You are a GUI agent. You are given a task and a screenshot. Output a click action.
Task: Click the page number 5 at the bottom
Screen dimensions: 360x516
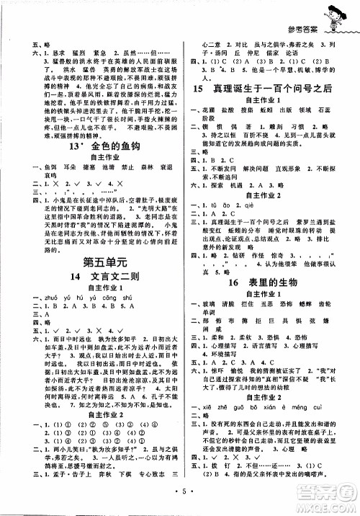pos(180,499)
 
